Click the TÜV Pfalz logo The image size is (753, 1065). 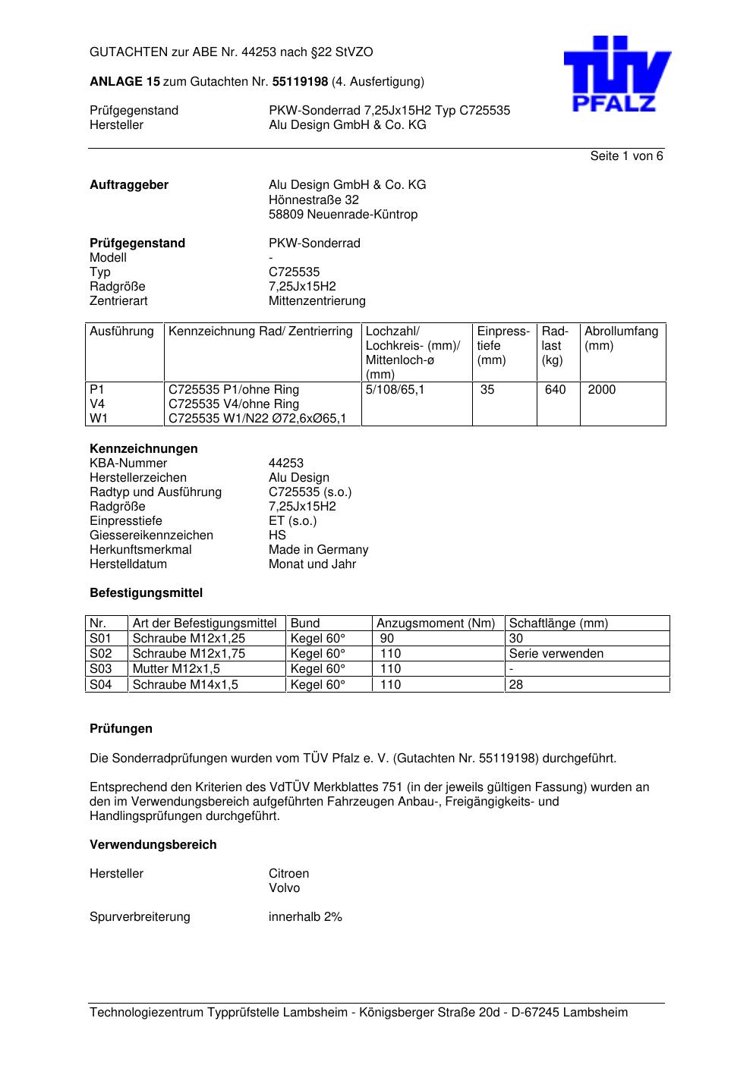click(x=616, y=74)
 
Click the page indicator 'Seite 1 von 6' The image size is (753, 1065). click(x=626, y=156)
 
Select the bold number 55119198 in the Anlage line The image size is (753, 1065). click(x=300, y=82)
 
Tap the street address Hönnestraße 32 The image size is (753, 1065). click(x=313, y=200)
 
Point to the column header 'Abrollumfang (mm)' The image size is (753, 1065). click(x=621, y=338)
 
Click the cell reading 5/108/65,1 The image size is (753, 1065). click(x=395, y=390)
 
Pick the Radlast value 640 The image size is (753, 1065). click(x=555, y=390)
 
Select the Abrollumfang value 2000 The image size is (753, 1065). click(x=601, y=390)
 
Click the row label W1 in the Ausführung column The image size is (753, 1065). click(x=99, y=419)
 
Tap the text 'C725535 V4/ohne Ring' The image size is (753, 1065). click(x=234, y=404)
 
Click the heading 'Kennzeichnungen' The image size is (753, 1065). click(x=143, y=449)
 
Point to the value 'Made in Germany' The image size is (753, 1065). click(x=318, y=550)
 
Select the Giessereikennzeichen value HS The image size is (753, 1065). click(x=277, y=536)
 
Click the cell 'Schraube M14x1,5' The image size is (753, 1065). click(x=185, y=685)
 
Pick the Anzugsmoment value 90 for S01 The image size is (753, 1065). click(x=387, y=639)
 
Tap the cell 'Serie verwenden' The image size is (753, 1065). click(x=556, y=654)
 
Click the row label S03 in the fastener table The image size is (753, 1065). click(x=100, y=669)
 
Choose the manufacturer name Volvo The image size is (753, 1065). click(x=284, y=888)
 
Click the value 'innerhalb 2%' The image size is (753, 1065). click(x=305, y=917)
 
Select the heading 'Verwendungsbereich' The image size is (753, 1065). click(x=153, y=845)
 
